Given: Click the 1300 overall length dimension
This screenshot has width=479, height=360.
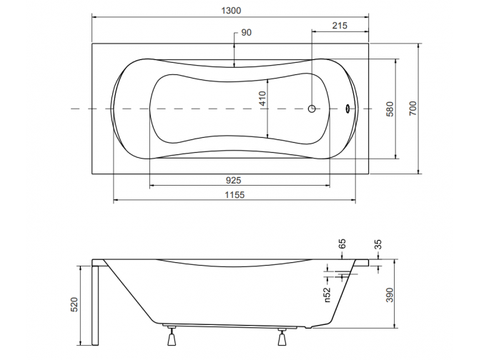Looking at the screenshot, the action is tap(231, 11).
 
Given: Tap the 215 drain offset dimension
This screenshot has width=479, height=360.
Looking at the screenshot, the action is tap(340, 25).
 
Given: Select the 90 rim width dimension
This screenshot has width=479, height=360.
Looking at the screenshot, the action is tap(246, 32).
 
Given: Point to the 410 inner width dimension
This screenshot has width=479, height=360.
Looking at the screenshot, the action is tap(262, 99).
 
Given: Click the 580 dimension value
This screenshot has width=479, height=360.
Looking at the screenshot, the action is tap(390, 109).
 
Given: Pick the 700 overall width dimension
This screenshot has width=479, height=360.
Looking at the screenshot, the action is tap(413, 109).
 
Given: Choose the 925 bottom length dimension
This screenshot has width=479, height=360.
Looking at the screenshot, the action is tap(233, 180).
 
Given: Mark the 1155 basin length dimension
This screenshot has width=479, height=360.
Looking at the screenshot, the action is tap(235, 195).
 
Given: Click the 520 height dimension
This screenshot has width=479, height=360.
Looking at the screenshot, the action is tap(74, 304).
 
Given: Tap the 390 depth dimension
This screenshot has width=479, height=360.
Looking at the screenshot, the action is tap(390, 295).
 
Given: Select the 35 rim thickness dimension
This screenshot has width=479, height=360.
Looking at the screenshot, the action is tap(378, 245).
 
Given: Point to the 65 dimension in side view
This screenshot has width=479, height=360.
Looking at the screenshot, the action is tap(342, 244).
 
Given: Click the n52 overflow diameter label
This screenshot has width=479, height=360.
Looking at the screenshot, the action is tap(327, 295).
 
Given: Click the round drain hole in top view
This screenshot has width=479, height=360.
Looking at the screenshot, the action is tap(312, 109).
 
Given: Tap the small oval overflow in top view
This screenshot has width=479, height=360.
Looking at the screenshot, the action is tap(347, 109).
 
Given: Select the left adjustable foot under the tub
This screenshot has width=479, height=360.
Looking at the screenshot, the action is tap(172, 336).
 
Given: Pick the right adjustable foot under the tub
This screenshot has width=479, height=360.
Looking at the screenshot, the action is tap(282, 337).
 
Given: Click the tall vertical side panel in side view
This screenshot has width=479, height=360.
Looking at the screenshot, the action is tap(95, 306).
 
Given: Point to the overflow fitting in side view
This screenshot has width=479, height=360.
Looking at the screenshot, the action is tap(346, 274).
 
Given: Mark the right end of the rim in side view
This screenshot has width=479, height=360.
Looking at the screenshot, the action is tap(369, 263).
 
